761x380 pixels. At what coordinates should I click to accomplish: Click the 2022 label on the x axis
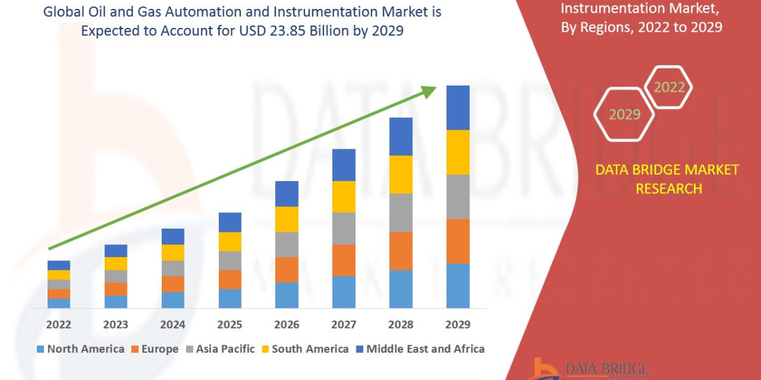coord(58,325)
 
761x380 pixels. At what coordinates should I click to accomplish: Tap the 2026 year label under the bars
coord(287,325)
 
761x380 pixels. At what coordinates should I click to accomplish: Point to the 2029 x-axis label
coord(458,325)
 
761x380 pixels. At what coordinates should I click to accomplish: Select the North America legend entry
coord(81,349)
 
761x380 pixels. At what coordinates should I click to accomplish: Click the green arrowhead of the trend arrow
coord(428,92)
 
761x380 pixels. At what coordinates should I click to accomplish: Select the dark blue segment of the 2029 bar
coord(458,108)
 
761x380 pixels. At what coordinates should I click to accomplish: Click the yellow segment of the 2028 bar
coord(401,174)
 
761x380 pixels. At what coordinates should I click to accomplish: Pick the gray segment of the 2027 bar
coord(344,228)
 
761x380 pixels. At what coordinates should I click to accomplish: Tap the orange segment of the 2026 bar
coord(287,269)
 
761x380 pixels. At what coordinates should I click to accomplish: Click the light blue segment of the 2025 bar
coord(230,298)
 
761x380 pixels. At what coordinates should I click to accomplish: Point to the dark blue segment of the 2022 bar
coord(58,265)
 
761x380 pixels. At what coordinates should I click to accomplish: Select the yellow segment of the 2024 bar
coord(172,252)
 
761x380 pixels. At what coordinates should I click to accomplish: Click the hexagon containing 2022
coord(668,87)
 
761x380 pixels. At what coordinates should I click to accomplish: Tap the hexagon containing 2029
coord(624,115)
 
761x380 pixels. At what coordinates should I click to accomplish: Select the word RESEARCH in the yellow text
coord(668,189)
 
